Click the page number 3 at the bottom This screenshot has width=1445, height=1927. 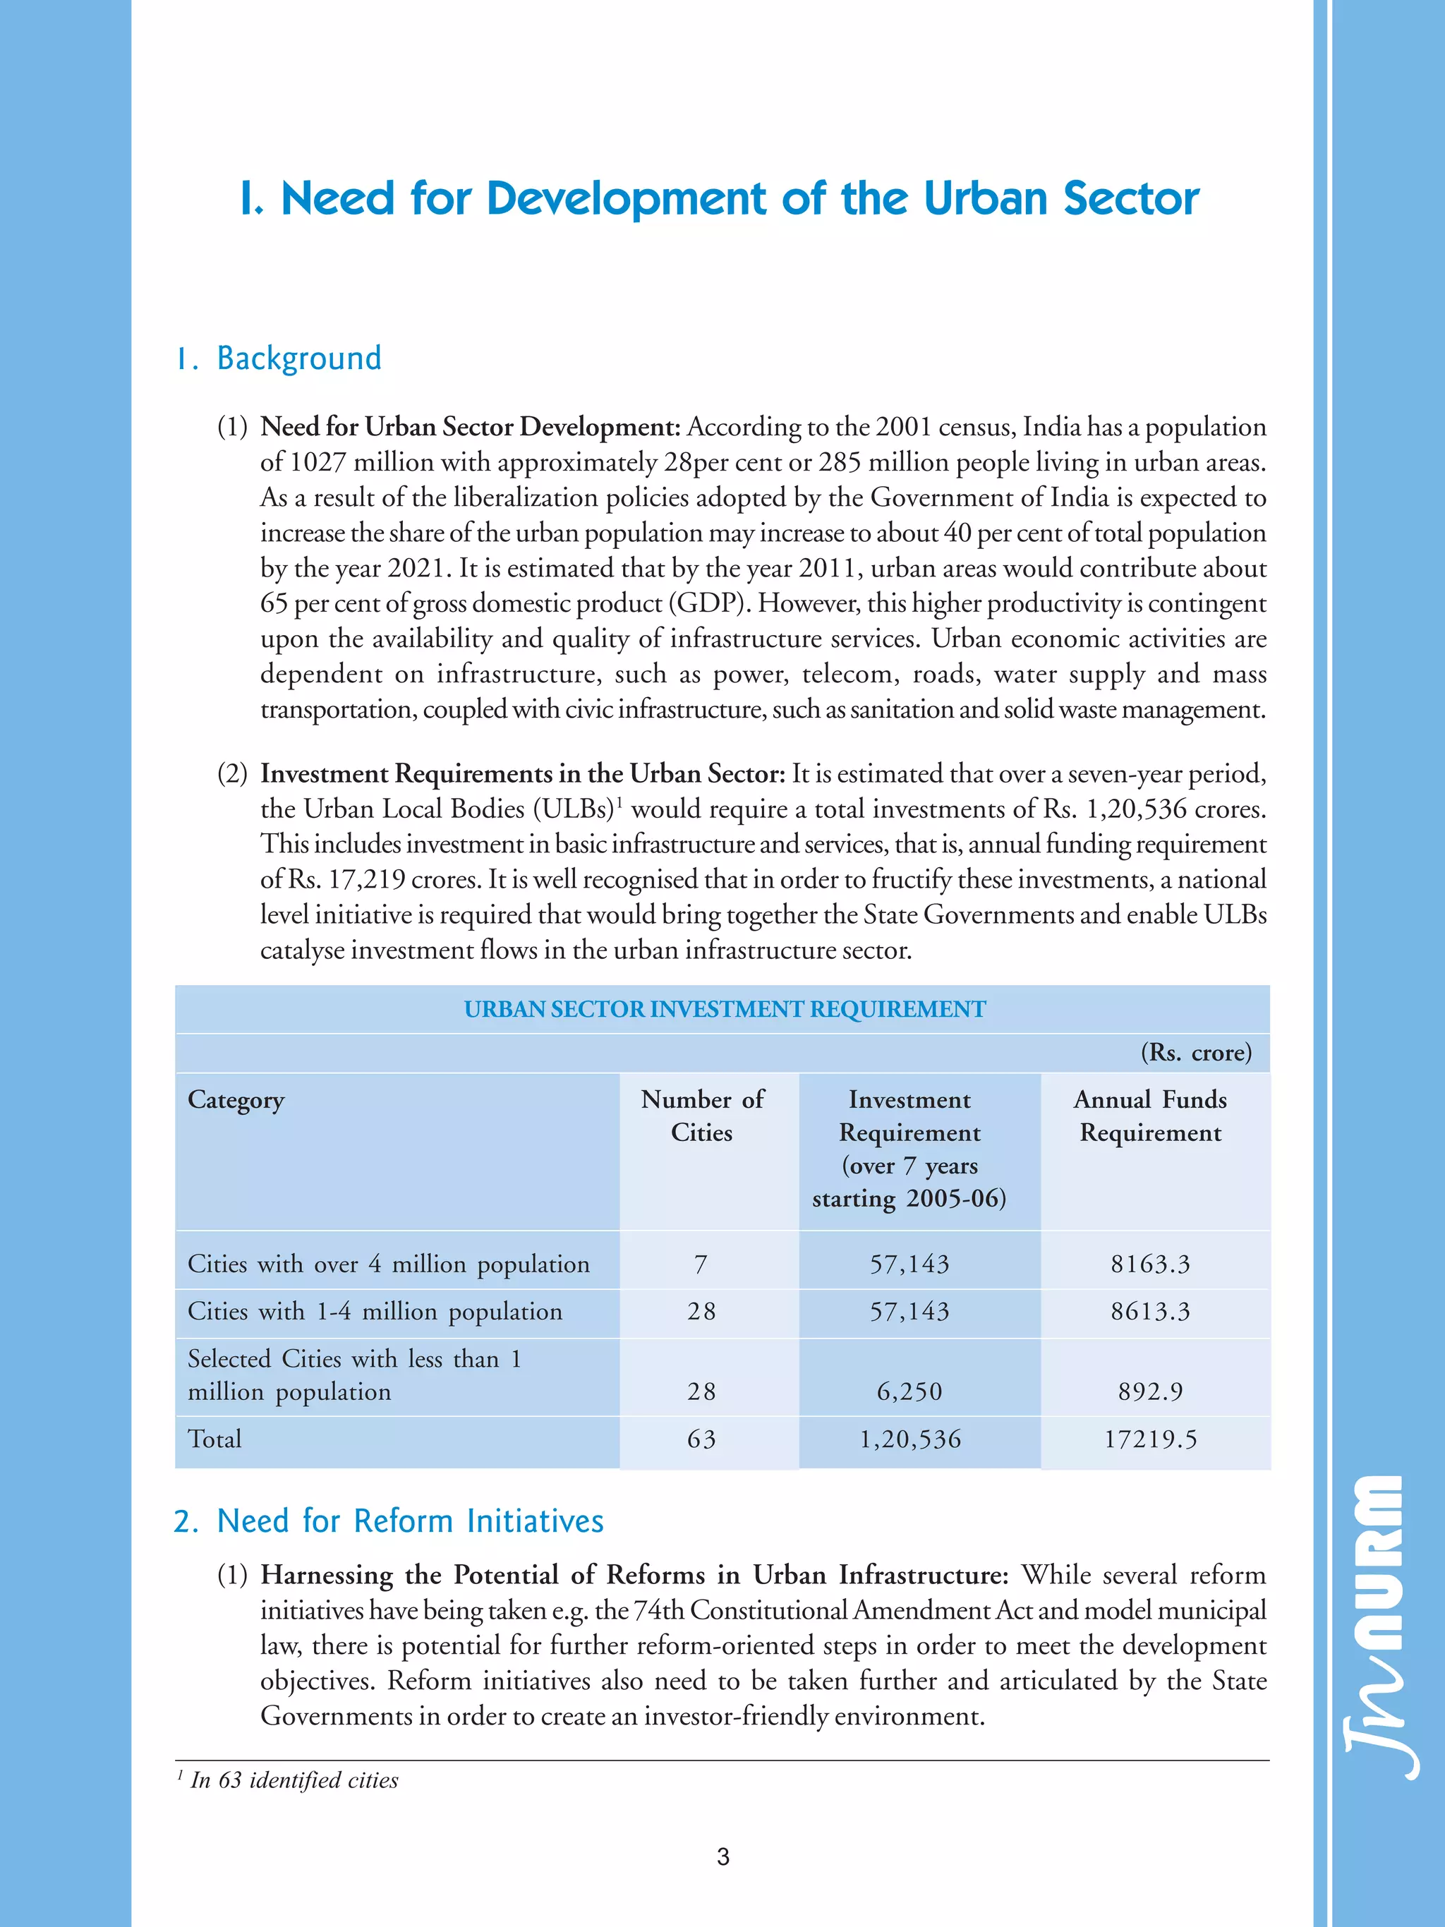pyautogui.click(x=722, y=1856)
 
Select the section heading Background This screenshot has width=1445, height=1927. pyautogui.click(x=298, y=358)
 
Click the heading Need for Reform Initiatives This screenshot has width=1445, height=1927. pyautogui.click(x=409, y=1521)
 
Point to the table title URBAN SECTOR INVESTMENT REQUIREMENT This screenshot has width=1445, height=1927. pyautogui.click(x=724, y=1009)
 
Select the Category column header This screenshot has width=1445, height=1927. pyautogui.click(x=236, y=1100)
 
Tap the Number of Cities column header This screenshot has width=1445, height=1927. pyautogui.click(x=702, y=1116)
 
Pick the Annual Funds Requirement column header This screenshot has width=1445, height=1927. pyautogui.click(x=1150, y=1116)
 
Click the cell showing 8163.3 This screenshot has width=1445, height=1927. pyautogui.click(x=1150, y=1264)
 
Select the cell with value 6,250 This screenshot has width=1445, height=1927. pyautogui.click(x=909, y=1391)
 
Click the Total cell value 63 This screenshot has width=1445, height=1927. pyautogui.click(x=701, y=1439)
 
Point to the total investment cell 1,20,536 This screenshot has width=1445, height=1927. pyautogui.click(x=910, y=1439)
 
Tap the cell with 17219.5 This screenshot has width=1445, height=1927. pyautogui.click(x=1150, y=1439)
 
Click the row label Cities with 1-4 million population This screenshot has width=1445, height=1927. pyautogui.click(x=375, y=1312)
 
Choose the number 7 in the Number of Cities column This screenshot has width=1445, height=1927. pyautogui.click(x=701, y=1264)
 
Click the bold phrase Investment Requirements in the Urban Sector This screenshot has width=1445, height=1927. pyautogui.click(x=523, y=773)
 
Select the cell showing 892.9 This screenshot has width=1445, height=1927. pyautogui.click(x=1150, y=1391)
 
